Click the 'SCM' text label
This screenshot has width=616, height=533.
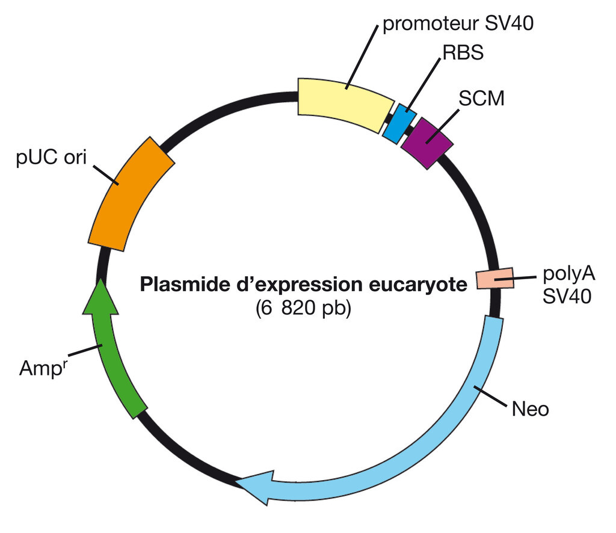pos(481,99)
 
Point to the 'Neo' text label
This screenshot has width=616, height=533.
pos(530,410)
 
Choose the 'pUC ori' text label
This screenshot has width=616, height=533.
pos(52,158)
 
